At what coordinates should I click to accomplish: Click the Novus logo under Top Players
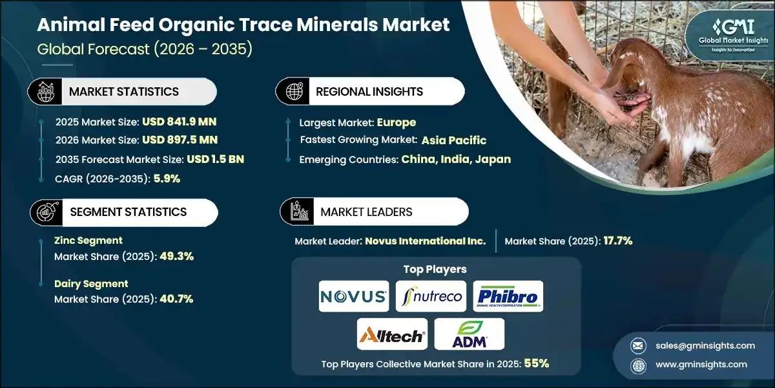(x=354, y=297)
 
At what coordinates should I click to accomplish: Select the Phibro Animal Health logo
(x=508, y=297)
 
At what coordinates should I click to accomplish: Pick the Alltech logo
(x=392, y=334)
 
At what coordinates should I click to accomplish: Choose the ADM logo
(x=469, y=334)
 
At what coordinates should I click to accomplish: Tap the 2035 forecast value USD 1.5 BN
(x=215, y=160)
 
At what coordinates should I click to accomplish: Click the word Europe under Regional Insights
(x=397, y=122)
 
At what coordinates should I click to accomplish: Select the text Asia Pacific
(x=454, y=140)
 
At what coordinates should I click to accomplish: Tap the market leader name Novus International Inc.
(x=425, y=241)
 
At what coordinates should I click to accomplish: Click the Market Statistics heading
(x=124, y=92)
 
